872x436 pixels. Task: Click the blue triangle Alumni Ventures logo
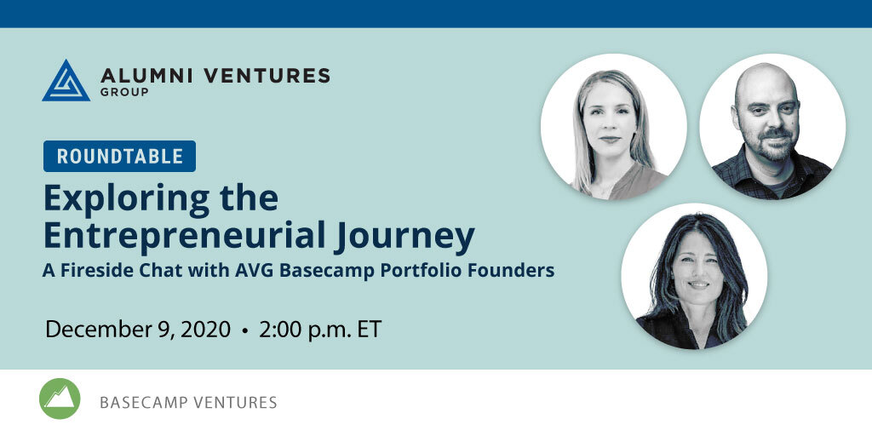66,81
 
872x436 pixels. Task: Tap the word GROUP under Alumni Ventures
124,92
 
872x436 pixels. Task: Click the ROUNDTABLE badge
119,157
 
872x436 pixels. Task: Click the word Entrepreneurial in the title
184,235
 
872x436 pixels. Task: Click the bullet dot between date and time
244,331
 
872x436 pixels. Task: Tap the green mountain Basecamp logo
60,399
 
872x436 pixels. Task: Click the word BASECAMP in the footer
141,402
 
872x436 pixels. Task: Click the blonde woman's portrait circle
613,127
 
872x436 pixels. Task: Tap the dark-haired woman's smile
698,284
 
